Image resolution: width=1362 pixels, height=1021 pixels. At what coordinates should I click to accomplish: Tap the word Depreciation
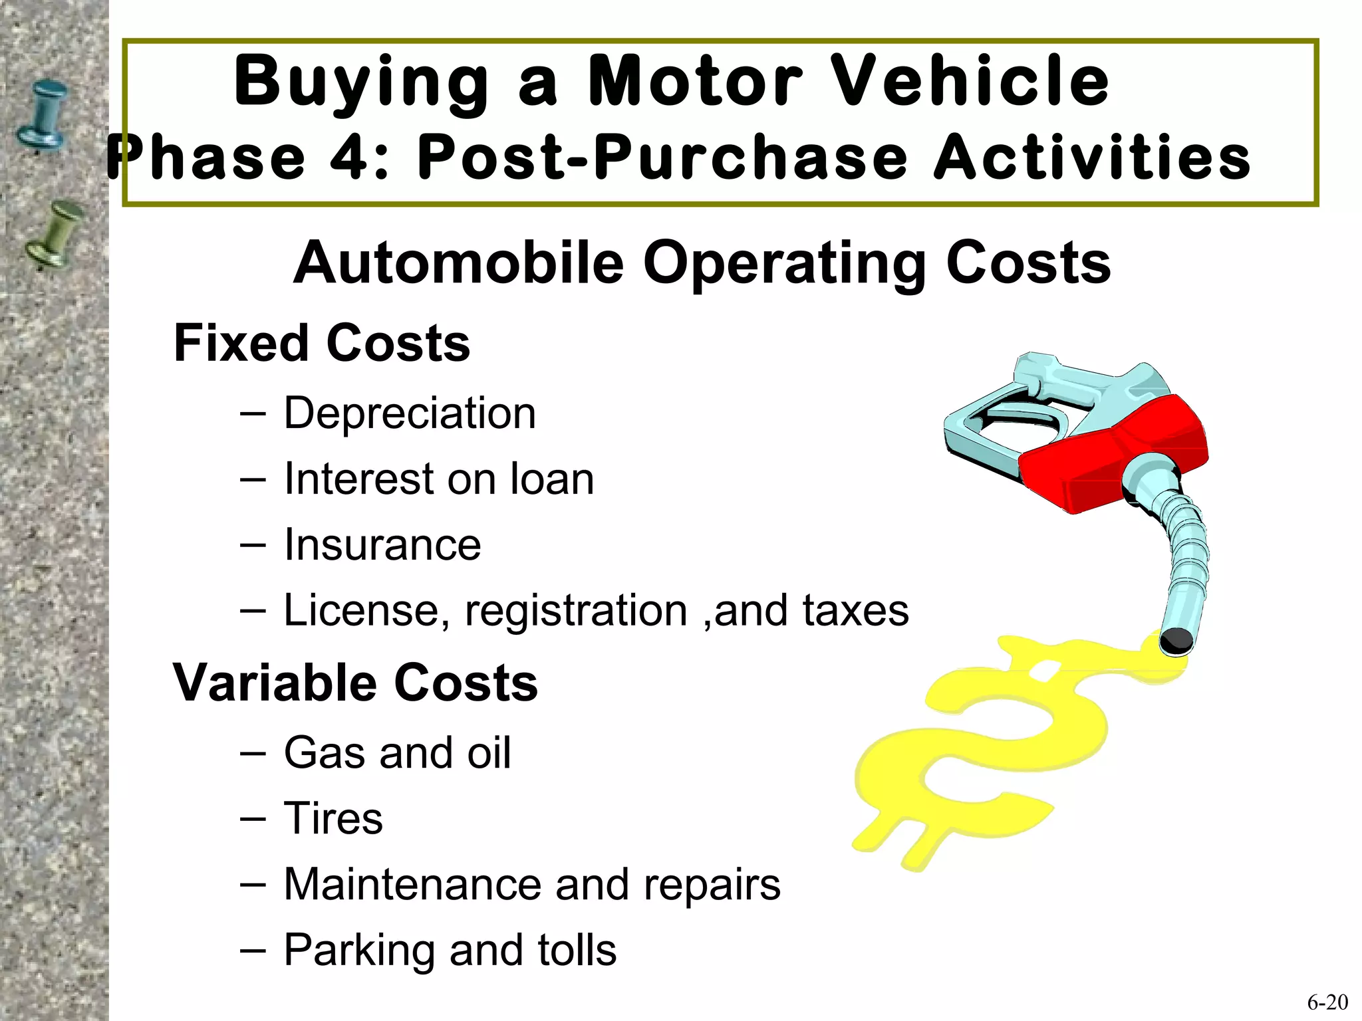[x=410, y=413]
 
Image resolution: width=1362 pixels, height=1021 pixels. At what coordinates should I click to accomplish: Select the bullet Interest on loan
[x=438, y=479]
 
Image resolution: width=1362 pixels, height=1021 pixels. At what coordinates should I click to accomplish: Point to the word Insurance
[x=382, y=544]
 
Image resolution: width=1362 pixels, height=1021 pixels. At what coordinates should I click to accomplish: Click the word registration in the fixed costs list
[x=576, y=610]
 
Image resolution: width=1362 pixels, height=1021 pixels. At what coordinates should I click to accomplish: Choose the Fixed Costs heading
[x=322, y=344]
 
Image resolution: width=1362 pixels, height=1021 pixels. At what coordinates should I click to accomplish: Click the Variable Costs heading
[x=355, y=683]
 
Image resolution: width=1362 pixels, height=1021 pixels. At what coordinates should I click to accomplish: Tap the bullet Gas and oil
[x=397, y=752]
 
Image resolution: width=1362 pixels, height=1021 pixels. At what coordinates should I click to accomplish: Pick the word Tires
[x=333, y=818]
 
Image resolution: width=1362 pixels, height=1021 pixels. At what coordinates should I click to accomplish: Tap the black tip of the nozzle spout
[x=1176, y=641]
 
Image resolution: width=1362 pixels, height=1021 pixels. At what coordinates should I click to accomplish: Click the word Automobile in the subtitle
[x=459, y=263]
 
